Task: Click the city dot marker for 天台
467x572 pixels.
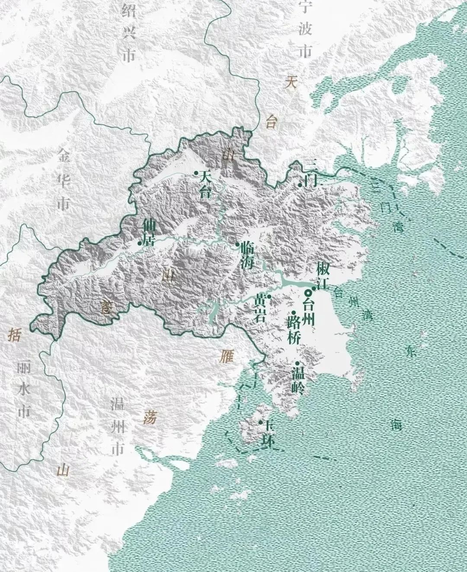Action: pos(196,174)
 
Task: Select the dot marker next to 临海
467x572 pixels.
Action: pos(237,245)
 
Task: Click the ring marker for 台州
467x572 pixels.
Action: pos(308,291)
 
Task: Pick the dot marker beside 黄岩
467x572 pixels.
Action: pos(269,296)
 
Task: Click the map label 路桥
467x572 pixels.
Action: pos(294,330)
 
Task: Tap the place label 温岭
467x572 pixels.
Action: pos(298,379)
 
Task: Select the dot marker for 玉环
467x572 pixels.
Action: pos(261,422)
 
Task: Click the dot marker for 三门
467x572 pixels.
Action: pos(300,185)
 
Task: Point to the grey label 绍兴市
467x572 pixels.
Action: pos(128,32)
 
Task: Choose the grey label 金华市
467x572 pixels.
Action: pos(64,180)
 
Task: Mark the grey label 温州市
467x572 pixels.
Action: pos(117,427)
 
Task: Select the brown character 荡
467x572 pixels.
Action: pos(149,417)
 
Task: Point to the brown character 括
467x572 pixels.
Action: pos(14,335)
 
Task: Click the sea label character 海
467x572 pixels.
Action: pos(396,424)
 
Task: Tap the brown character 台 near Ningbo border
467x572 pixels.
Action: pos(271,122)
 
